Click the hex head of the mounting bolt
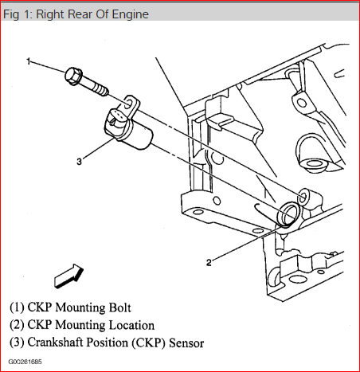[x=73, y=76]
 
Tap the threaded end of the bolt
[x=102, y=90]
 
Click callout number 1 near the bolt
[x=29, y=61]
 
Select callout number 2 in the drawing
[x=209, y=263]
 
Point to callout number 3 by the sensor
[x=79, y=162]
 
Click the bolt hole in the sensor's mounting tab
[x=128, y=104]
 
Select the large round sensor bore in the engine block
[x=288, y=214]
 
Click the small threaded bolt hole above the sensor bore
[x=303, y=198]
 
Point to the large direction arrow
[x=68, y=276]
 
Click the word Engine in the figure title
[x=130, y=14]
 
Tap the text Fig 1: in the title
[x=18, y=14]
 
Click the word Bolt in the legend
[x=119, y=307]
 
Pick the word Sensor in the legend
[x=186, y=343]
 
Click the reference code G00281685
[x=25, y=362]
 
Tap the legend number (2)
[x=17, y=325]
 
